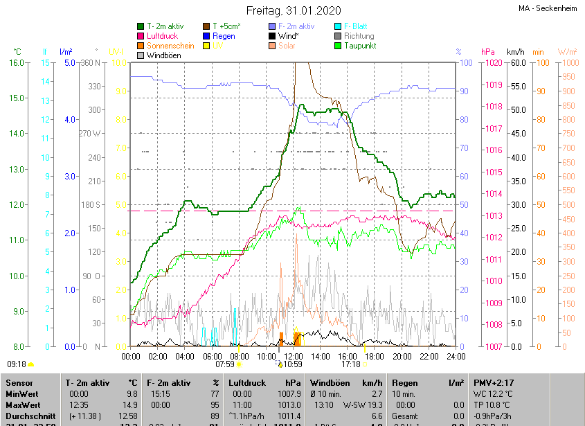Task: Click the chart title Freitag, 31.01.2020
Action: [x=293, y=10]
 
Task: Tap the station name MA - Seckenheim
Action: [x=548, y=8]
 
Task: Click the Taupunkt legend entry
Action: [x=363, y=46]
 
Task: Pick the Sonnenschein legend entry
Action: [x=170, y=46]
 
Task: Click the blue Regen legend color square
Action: [x=206, y=36]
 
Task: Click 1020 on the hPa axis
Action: [x=493, y=63]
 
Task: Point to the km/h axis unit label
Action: [x=515, y=52]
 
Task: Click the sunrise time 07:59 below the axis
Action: [x=225, y=364]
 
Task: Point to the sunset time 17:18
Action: [x=351, y=364]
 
